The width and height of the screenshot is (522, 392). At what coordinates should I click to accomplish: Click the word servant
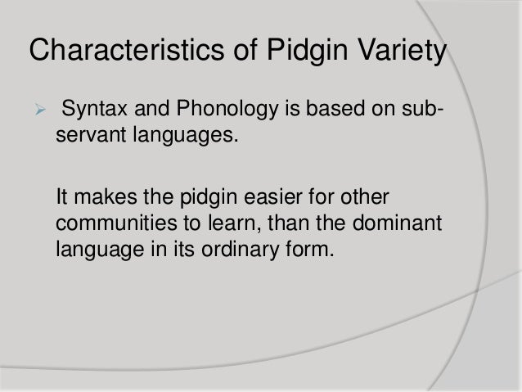(x=88, y=132)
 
